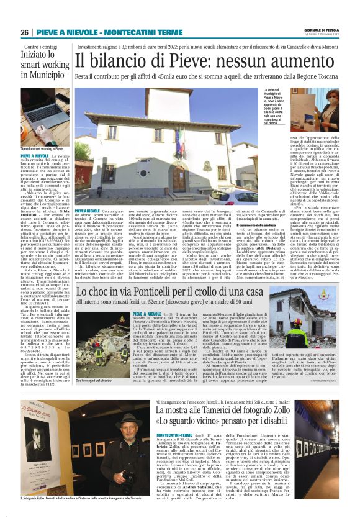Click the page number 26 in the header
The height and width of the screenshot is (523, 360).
(x=25, y=32)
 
